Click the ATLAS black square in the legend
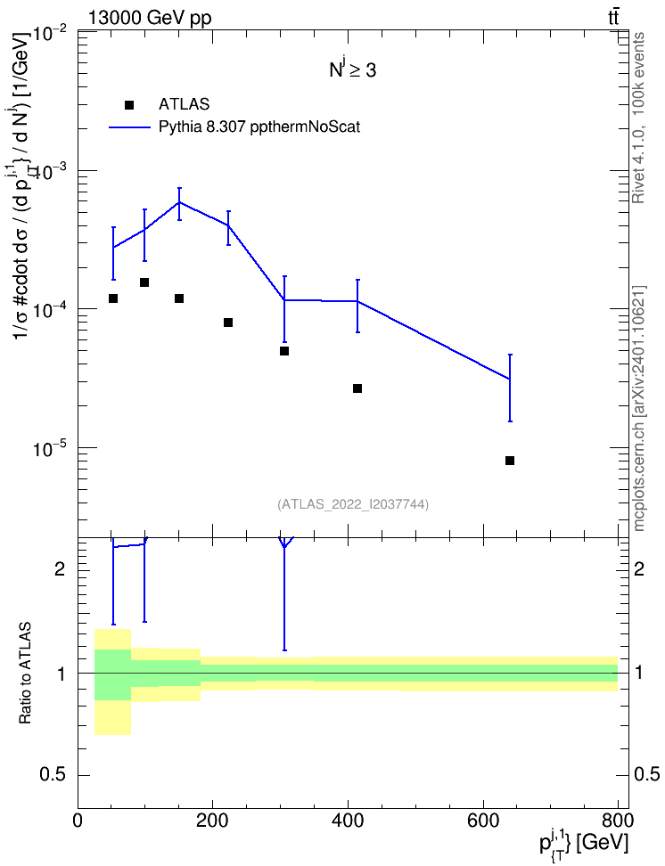tap(129, 104)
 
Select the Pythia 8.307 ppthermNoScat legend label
tap(259, 127)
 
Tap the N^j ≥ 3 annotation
tap(353, 70)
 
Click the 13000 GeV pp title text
tap(150, 18)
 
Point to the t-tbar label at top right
tap(613, 18)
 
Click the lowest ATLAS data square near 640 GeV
tap(510, 461)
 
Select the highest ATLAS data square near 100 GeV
tap(144, 282)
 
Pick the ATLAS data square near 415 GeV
tap(357, 388)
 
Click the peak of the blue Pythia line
tap(179, 202)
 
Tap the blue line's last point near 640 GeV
tap(510, 379)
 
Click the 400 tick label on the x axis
tap(348, 821)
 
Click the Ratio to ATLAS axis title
tap(25, 674)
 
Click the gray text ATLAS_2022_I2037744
tap(353, 504)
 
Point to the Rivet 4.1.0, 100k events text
tap(638, 118)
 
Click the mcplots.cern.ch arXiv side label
tap(639, 408)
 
